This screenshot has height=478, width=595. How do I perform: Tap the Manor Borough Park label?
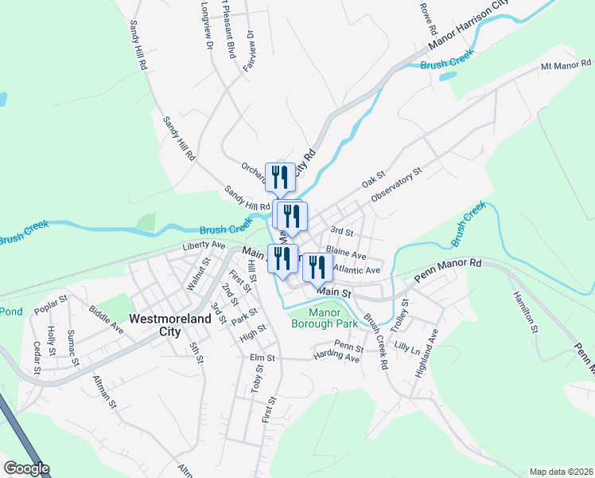point(323,317)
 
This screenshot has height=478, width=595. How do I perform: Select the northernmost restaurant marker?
point(280,177)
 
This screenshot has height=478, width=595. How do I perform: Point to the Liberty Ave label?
point(204,245)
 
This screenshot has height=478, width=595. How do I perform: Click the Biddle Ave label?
point(107,317)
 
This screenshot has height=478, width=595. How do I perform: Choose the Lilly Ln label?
point(406,349)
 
